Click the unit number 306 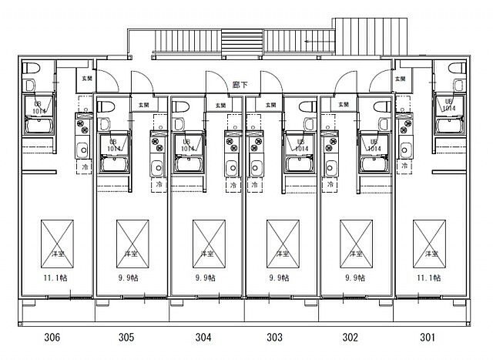[52, 336]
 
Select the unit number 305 [126, 336]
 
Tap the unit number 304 [203, 336]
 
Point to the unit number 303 [274, 336]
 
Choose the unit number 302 [350, 336]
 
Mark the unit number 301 [428, 336]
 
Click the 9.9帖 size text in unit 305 [129, 278]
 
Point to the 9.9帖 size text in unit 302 [355, 278]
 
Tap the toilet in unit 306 [30, 84]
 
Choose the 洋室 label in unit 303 [282, 253]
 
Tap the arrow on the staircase [316, 42]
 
